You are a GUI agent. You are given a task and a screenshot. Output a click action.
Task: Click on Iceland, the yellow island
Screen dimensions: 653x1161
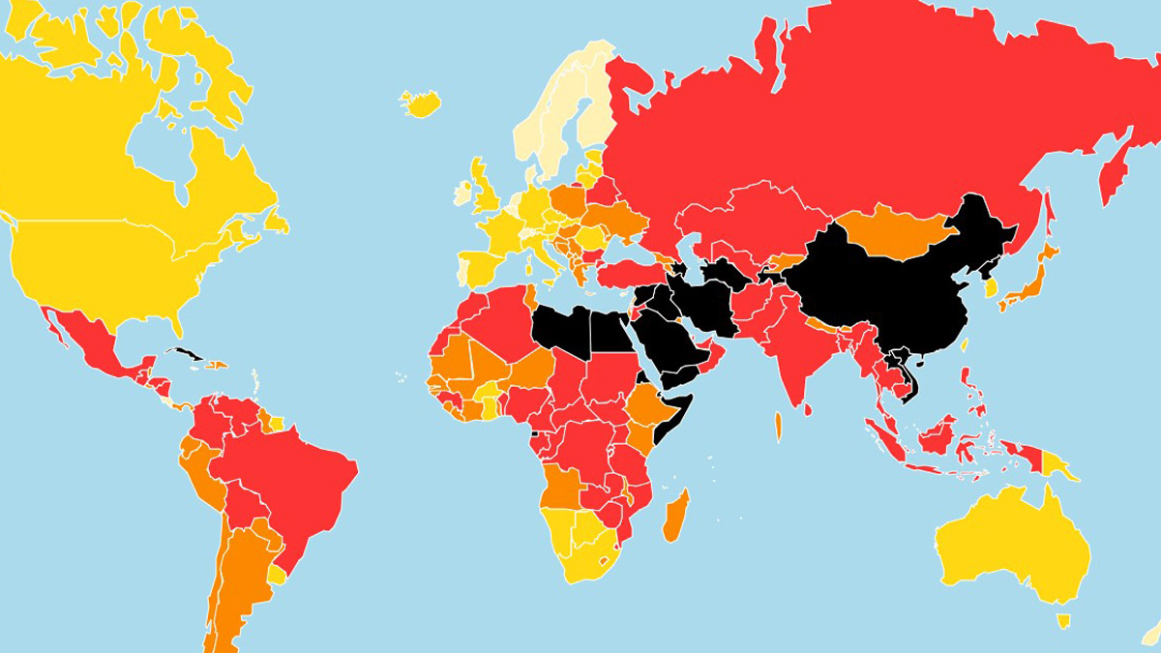(420, 103)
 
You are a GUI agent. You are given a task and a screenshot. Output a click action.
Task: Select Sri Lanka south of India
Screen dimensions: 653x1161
(778, 426)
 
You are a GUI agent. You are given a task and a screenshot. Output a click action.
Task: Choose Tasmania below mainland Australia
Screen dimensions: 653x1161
(1063, 620)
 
